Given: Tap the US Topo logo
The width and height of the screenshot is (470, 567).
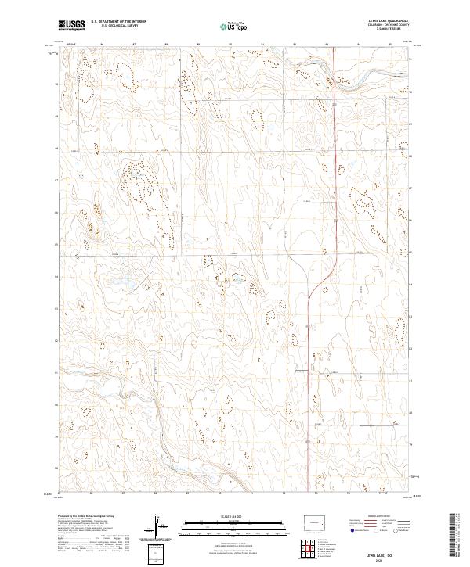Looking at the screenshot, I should click(x=235, y=26).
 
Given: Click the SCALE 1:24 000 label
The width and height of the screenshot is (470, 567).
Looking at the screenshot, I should click(x=234, y=516).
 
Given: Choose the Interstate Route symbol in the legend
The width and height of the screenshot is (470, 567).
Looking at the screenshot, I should click(x=349, y=529).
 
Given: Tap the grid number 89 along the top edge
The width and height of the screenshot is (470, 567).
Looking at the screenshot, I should click(x=199, y=44).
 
